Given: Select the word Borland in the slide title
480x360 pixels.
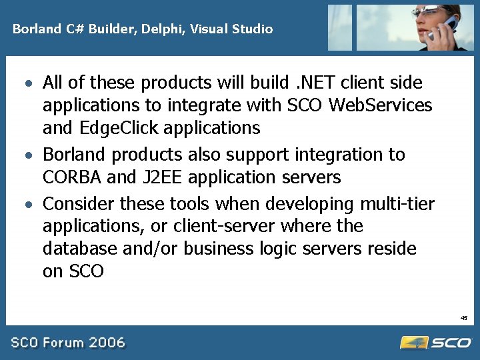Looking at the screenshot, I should [x=33, y=29].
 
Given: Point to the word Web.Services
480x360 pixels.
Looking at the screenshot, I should [x=382, y=105].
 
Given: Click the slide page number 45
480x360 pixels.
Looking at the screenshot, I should [x=464, y=318].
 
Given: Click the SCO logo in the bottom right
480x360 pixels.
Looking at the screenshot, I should [x=436, y=343].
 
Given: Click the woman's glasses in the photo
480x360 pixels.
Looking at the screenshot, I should [x=427, y=11].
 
